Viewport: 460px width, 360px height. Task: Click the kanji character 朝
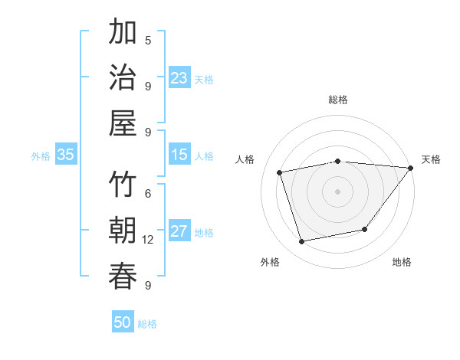click(123, 231)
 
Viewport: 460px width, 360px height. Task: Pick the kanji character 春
click(123, 276)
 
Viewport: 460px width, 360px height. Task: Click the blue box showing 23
click(179, 78)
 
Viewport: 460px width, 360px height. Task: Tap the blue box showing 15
click(179, 155)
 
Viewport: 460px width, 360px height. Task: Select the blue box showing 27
click(179, 231)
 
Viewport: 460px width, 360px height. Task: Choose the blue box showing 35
click(66, 155)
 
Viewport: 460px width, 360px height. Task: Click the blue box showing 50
click(123, 322)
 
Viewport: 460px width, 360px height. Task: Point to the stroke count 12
click(148, 240)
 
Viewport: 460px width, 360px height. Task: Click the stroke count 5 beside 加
click(148, 40)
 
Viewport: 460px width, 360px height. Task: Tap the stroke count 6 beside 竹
click(148, 194)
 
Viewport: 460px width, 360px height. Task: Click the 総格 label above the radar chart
click(338, 100)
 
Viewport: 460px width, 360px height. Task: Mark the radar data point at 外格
click(302, 242)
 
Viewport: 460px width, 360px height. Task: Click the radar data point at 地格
click(365, 229)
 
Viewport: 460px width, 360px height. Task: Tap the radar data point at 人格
click(280, 172)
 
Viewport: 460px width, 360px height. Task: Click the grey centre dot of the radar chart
click(338, 191)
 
